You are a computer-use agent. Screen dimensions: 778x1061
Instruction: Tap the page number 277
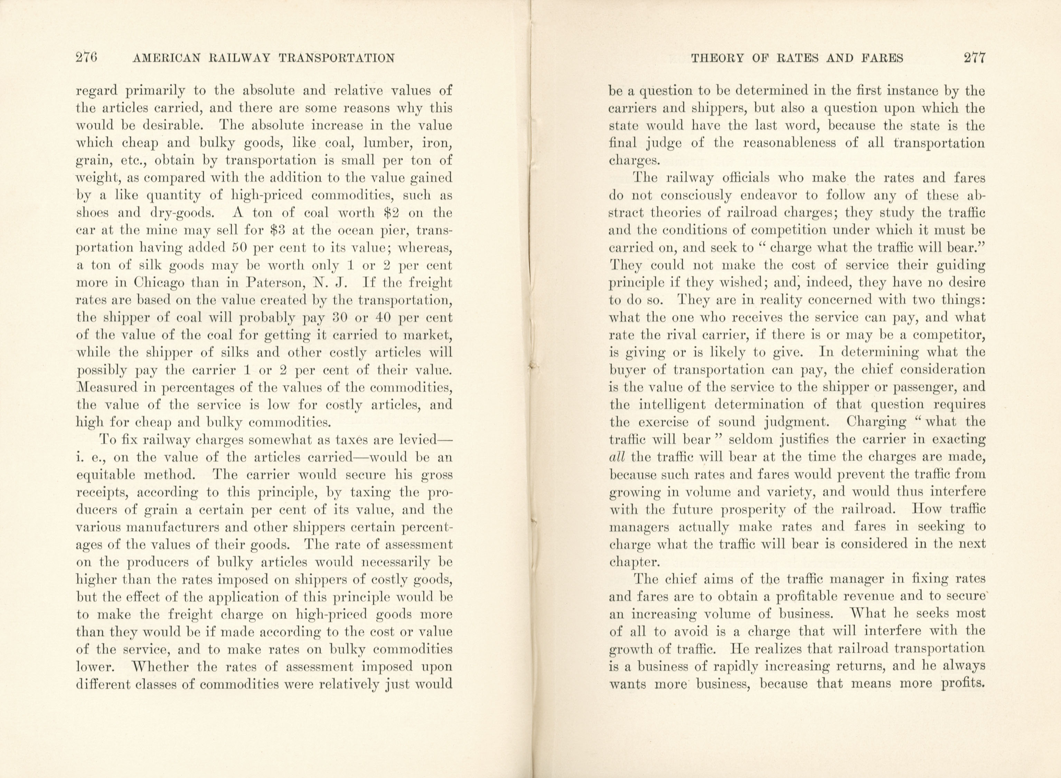click(974, 58)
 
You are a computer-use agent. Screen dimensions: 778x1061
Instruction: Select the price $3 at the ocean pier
click(282, 231)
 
